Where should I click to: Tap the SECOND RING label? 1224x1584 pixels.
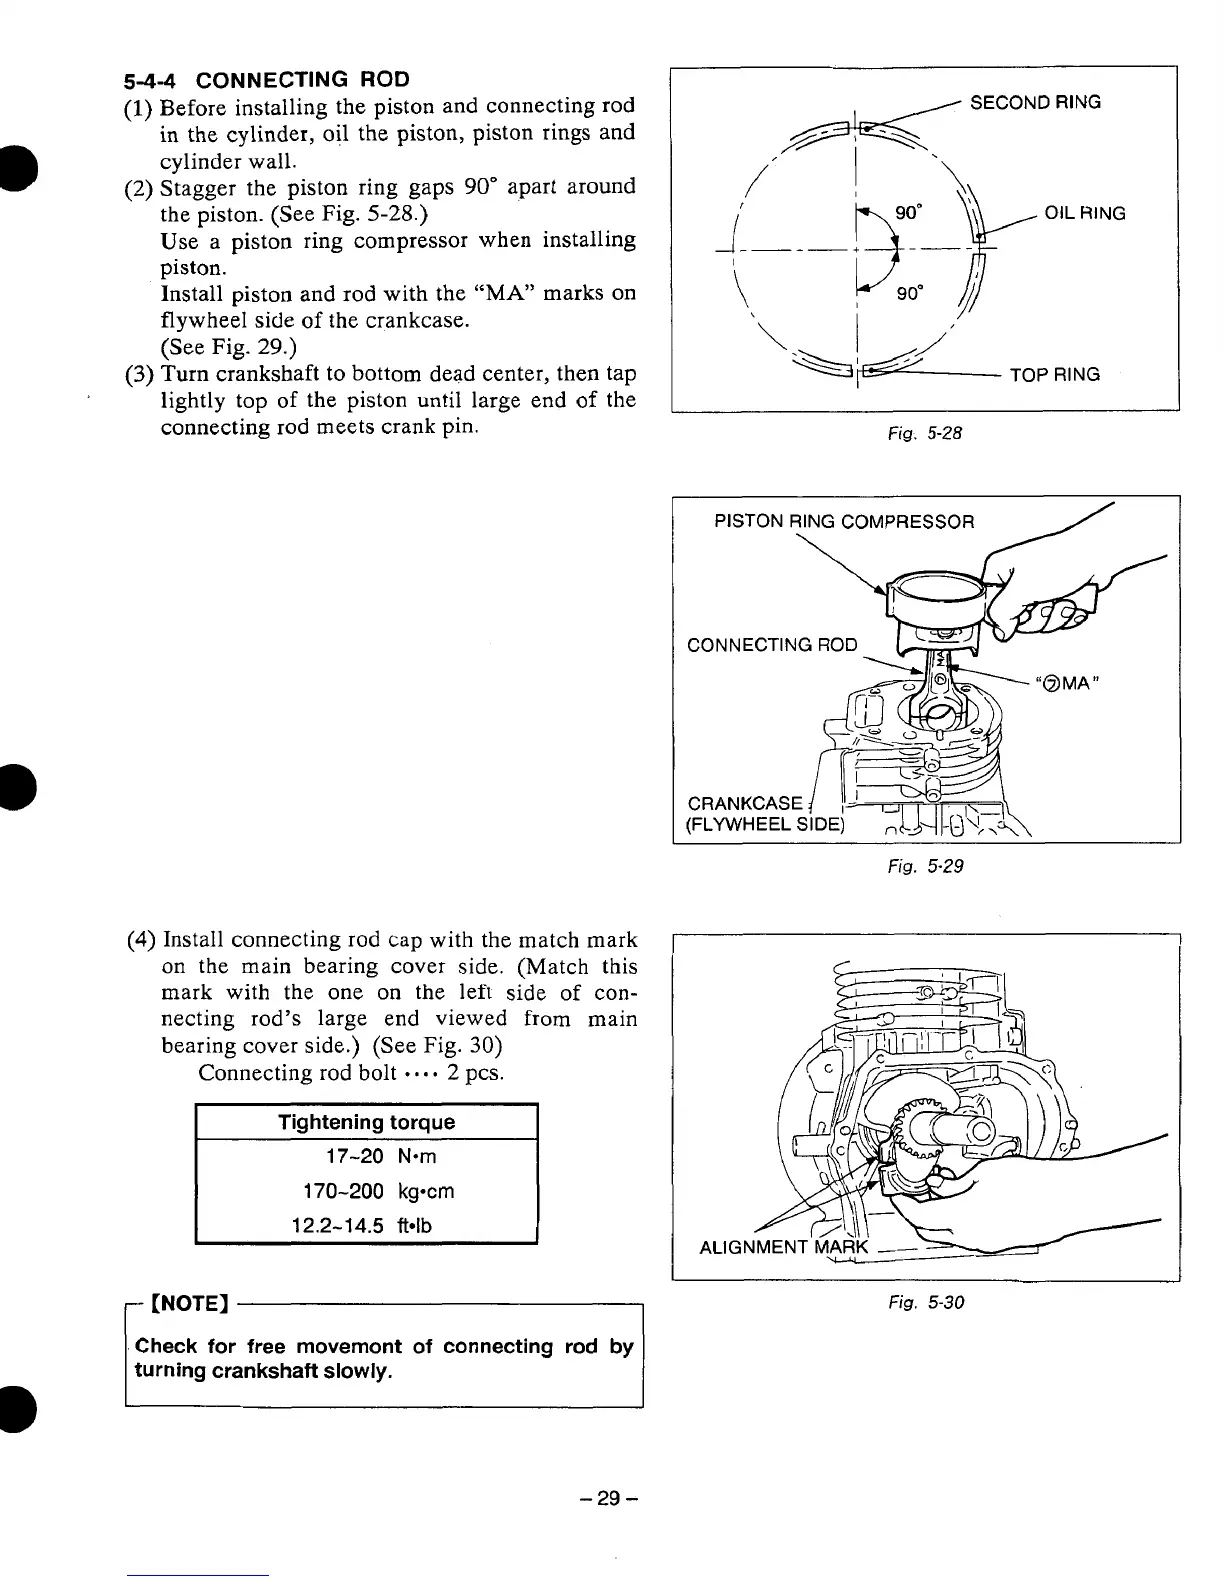coord(1035,102)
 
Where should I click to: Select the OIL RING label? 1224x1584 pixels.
coord(1085,213)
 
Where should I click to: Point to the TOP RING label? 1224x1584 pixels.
coord(1055,375)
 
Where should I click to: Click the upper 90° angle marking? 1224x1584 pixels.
coord(908,213)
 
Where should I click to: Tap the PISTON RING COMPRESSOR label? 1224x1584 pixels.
coord(843,521)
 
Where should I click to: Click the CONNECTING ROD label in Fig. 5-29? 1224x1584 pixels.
coord(772,644)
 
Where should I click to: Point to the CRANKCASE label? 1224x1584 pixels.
coord(745,804)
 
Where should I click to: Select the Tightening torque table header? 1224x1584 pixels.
coord(366,1122)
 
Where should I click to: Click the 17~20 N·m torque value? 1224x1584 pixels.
coord(368,1157)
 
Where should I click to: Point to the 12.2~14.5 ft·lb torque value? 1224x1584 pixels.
coord(362,1225)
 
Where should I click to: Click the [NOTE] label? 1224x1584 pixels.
coord(190,1304)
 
